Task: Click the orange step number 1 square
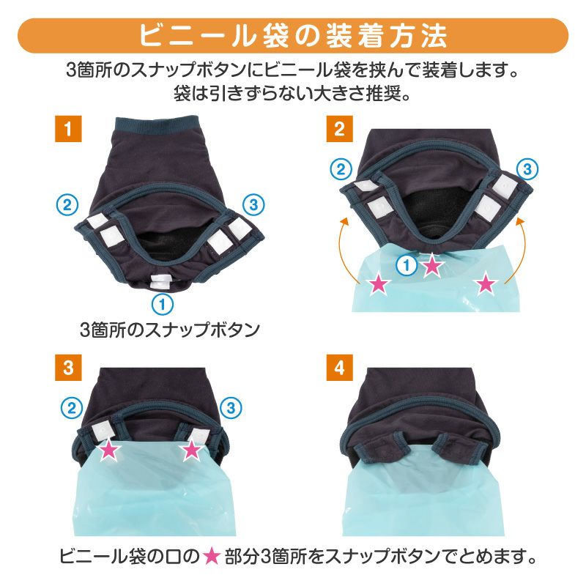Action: (68, 129)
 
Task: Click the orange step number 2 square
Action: (339, 129)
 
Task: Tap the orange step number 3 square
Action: (68, 368)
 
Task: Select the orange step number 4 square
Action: (339, 368)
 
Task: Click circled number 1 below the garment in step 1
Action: (163, 304)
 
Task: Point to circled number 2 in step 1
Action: (67, 204)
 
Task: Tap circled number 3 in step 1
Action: (253, 204)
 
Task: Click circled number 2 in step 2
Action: (341, 169)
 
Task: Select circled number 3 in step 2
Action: (527, 169)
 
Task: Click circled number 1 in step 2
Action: (407, 266)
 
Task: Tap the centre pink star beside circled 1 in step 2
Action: (432, 265)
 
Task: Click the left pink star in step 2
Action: (378, 284)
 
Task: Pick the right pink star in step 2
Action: (486, 283)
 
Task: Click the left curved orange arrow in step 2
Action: (343, 250)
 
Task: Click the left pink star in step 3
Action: (109, 450)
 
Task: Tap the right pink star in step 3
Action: (191, 450)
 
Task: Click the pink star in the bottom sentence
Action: (212, 557)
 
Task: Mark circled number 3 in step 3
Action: (231, 408)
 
